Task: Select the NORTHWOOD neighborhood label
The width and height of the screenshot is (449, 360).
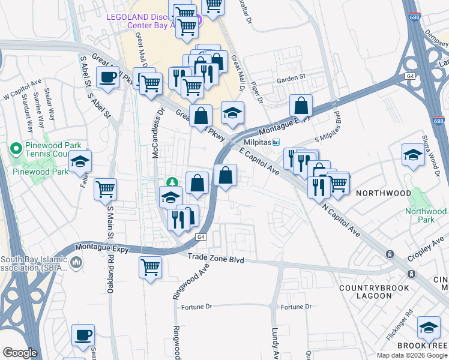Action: [384, 193]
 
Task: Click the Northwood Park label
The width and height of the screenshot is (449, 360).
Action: [426, 215]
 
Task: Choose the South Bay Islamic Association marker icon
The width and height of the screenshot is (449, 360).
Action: [76, 263]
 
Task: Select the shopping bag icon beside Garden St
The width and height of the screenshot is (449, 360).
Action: [301, 106]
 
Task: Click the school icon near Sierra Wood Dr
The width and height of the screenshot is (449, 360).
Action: [413, 154]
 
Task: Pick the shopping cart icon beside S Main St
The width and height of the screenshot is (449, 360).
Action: [106, 189]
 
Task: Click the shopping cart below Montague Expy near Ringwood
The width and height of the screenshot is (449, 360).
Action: [150, 266]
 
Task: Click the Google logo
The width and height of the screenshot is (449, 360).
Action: [20, 353]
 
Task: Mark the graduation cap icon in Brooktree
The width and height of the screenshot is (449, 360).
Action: [429, 328]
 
